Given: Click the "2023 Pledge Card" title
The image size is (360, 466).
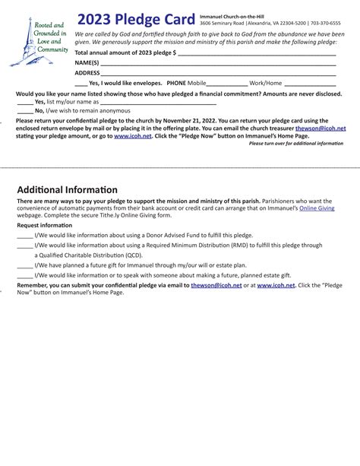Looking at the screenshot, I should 136,19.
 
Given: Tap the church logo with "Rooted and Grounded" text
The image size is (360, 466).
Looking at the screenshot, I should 40,43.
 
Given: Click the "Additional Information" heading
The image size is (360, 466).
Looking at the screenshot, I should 67,189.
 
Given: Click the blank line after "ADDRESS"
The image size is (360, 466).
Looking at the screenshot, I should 220,73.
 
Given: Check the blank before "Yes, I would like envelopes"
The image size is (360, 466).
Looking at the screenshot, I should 81,84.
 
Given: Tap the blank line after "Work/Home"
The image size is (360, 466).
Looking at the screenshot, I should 311,84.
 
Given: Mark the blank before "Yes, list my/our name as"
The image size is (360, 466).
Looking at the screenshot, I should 24,102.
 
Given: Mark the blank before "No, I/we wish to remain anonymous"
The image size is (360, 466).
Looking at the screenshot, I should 24,111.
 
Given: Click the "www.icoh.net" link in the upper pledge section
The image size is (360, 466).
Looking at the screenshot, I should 132,136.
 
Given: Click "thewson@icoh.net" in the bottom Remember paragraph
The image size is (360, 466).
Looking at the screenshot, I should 216,285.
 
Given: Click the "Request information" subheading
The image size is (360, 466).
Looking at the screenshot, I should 45,226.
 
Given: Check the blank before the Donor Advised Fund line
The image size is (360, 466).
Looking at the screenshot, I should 24,236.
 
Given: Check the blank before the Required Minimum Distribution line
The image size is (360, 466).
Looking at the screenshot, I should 24,246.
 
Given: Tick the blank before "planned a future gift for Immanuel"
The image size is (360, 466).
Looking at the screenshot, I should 24,266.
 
